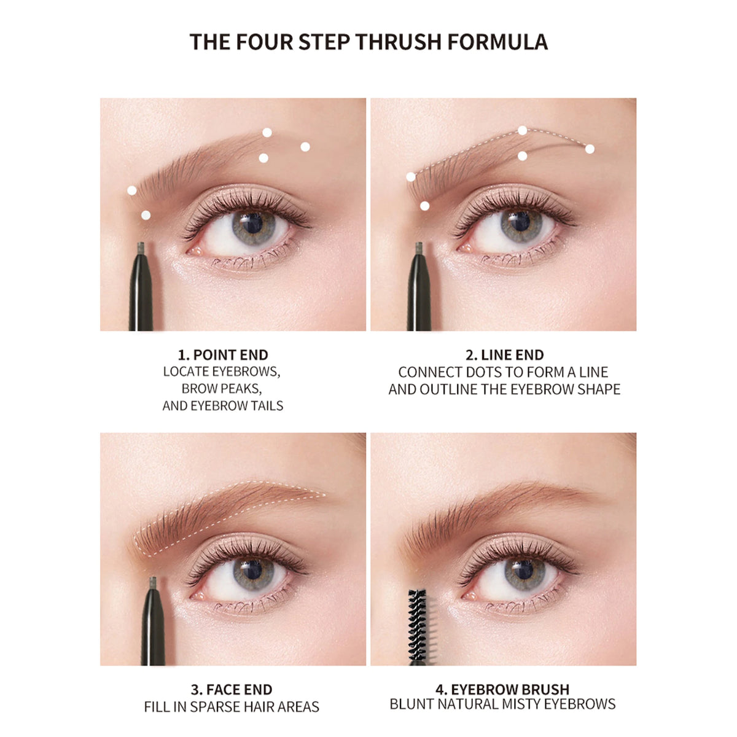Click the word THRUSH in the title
pos(399,42)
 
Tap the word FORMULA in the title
pos(498,42)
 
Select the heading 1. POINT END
pos(223,354)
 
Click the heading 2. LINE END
pos(504,354)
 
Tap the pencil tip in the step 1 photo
pos(141,248)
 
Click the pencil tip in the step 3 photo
pos(153,582)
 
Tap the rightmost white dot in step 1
pos(305,147)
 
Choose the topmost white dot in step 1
pos(267,132)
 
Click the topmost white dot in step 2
pos(523,130)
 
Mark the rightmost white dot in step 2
pos(590,149)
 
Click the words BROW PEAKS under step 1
pos(222,388)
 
